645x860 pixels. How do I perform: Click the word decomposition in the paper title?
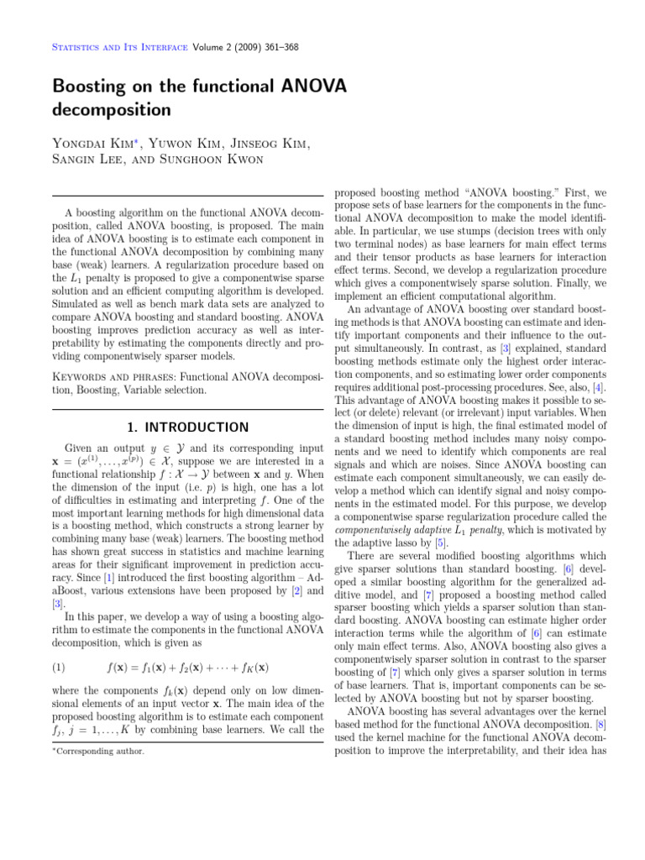pos(112,110)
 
